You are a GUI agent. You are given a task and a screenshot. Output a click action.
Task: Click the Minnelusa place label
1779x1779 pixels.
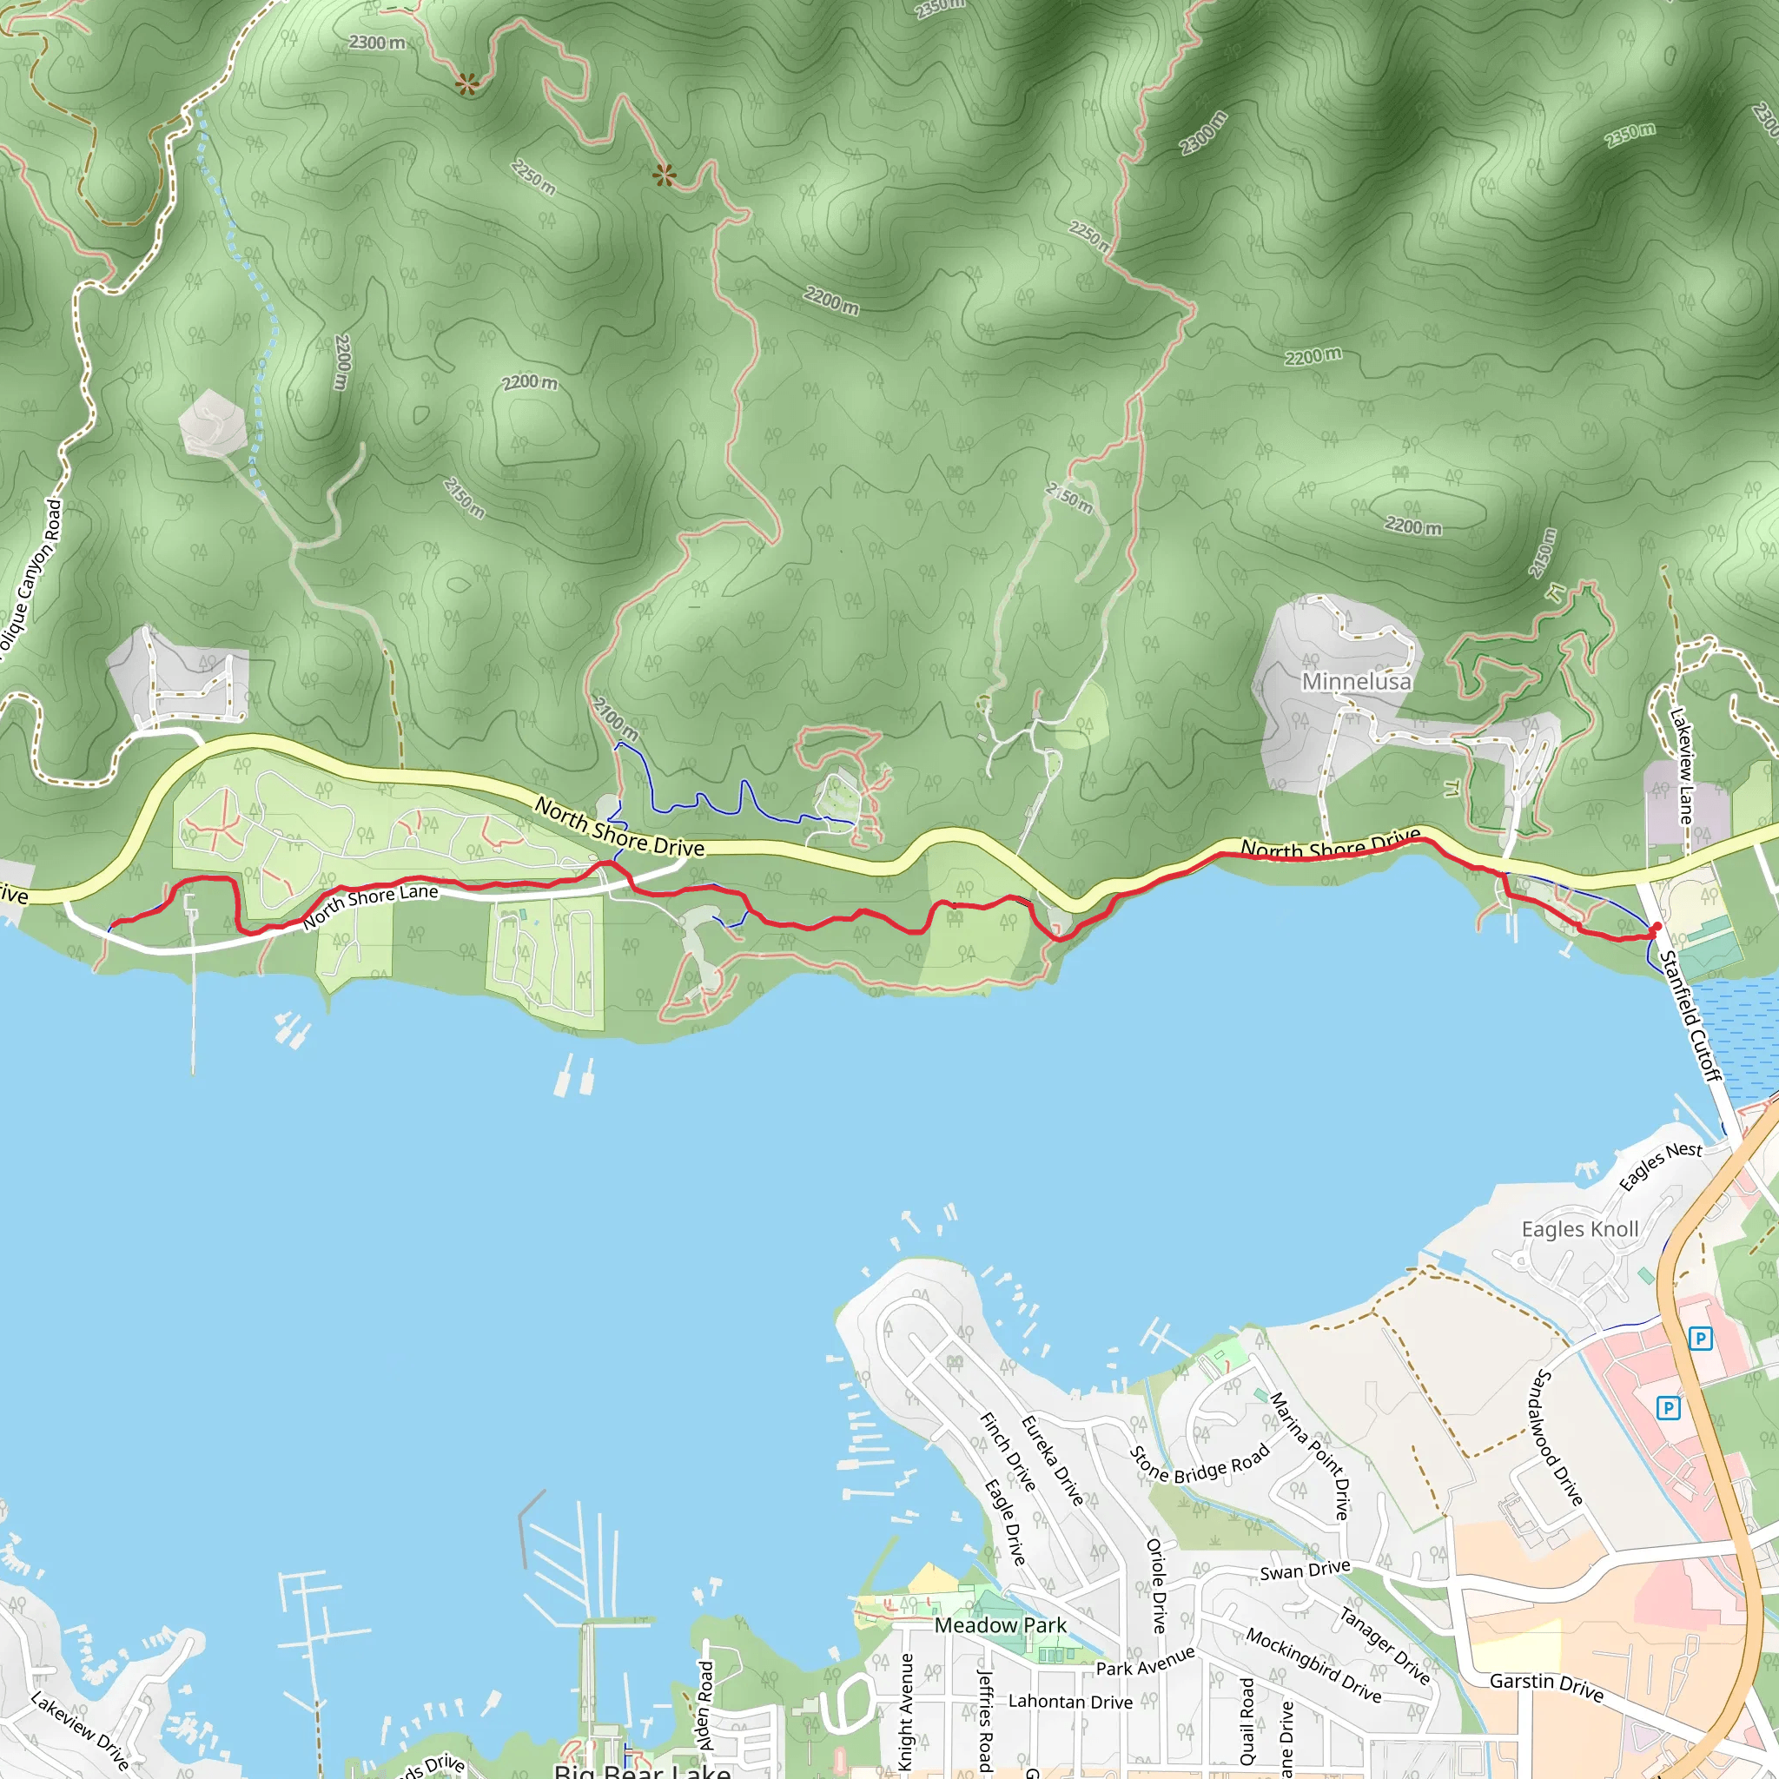(x=1355, y=681)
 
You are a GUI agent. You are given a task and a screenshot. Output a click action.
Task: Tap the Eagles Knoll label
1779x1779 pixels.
(x=1579, y=1229)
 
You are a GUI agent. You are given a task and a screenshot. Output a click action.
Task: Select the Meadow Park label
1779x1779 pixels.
(x=1000, y=1625)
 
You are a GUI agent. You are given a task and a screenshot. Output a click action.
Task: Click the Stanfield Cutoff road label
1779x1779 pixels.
(x=1689, y=1015)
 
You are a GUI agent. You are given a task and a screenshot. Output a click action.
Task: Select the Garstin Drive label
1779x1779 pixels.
(x=1546, y=1687)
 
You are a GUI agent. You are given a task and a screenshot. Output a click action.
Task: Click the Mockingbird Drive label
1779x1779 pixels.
(x=1313, y=1666)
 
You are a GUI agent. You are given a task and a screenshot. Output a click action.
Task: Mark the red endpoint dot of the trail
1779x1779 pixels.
(x=1657, y=926)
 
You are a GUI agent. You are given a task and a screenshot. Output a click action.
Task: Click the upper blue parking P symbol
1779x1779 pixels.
(x=1700, y=1338)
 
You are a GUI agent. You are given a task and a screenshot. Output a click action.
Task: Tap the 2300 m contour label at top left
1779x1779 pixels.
(x=377, y=43)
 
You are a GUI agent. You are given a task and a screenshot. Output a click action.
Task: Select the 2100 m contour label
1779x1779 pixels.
(x=614, y=719)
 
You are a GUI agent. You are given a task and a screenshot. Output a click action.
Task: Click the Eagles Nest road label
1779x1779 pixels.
(x=1660, y=1166)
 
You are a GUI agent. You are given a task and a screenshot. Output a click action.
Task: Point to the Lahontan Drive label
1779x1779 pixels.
(x=1070, y=1702)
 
